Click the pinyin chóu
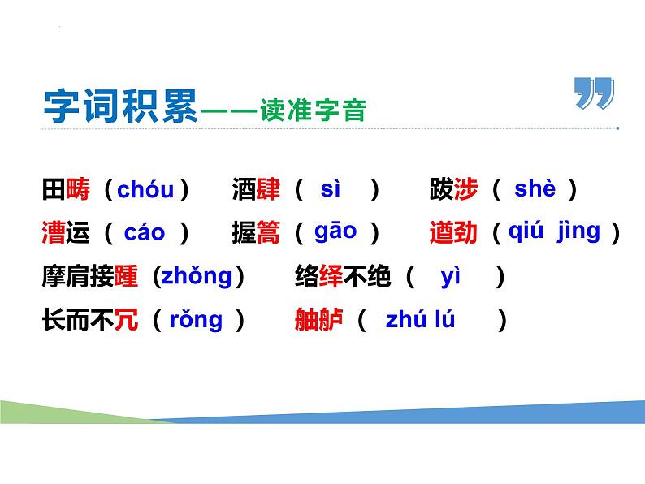click(145, 191)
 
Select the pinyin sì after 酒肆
click(331, 190)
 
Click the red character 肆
click(267, 191)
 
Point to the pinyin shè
click(535, 190)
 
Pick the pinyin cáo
click(145, 234)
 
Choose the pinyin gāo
click(335, 231)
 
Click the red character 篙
click(267, 234)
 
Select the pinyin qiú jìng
click(554, 231)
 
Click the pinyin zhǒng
click(196, 277)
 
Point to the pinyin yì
click(451, 277)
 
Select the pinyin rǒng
click(196, 320)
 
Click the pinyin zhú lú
click(420, 320)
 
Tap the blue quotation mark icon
click(594, 94)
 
